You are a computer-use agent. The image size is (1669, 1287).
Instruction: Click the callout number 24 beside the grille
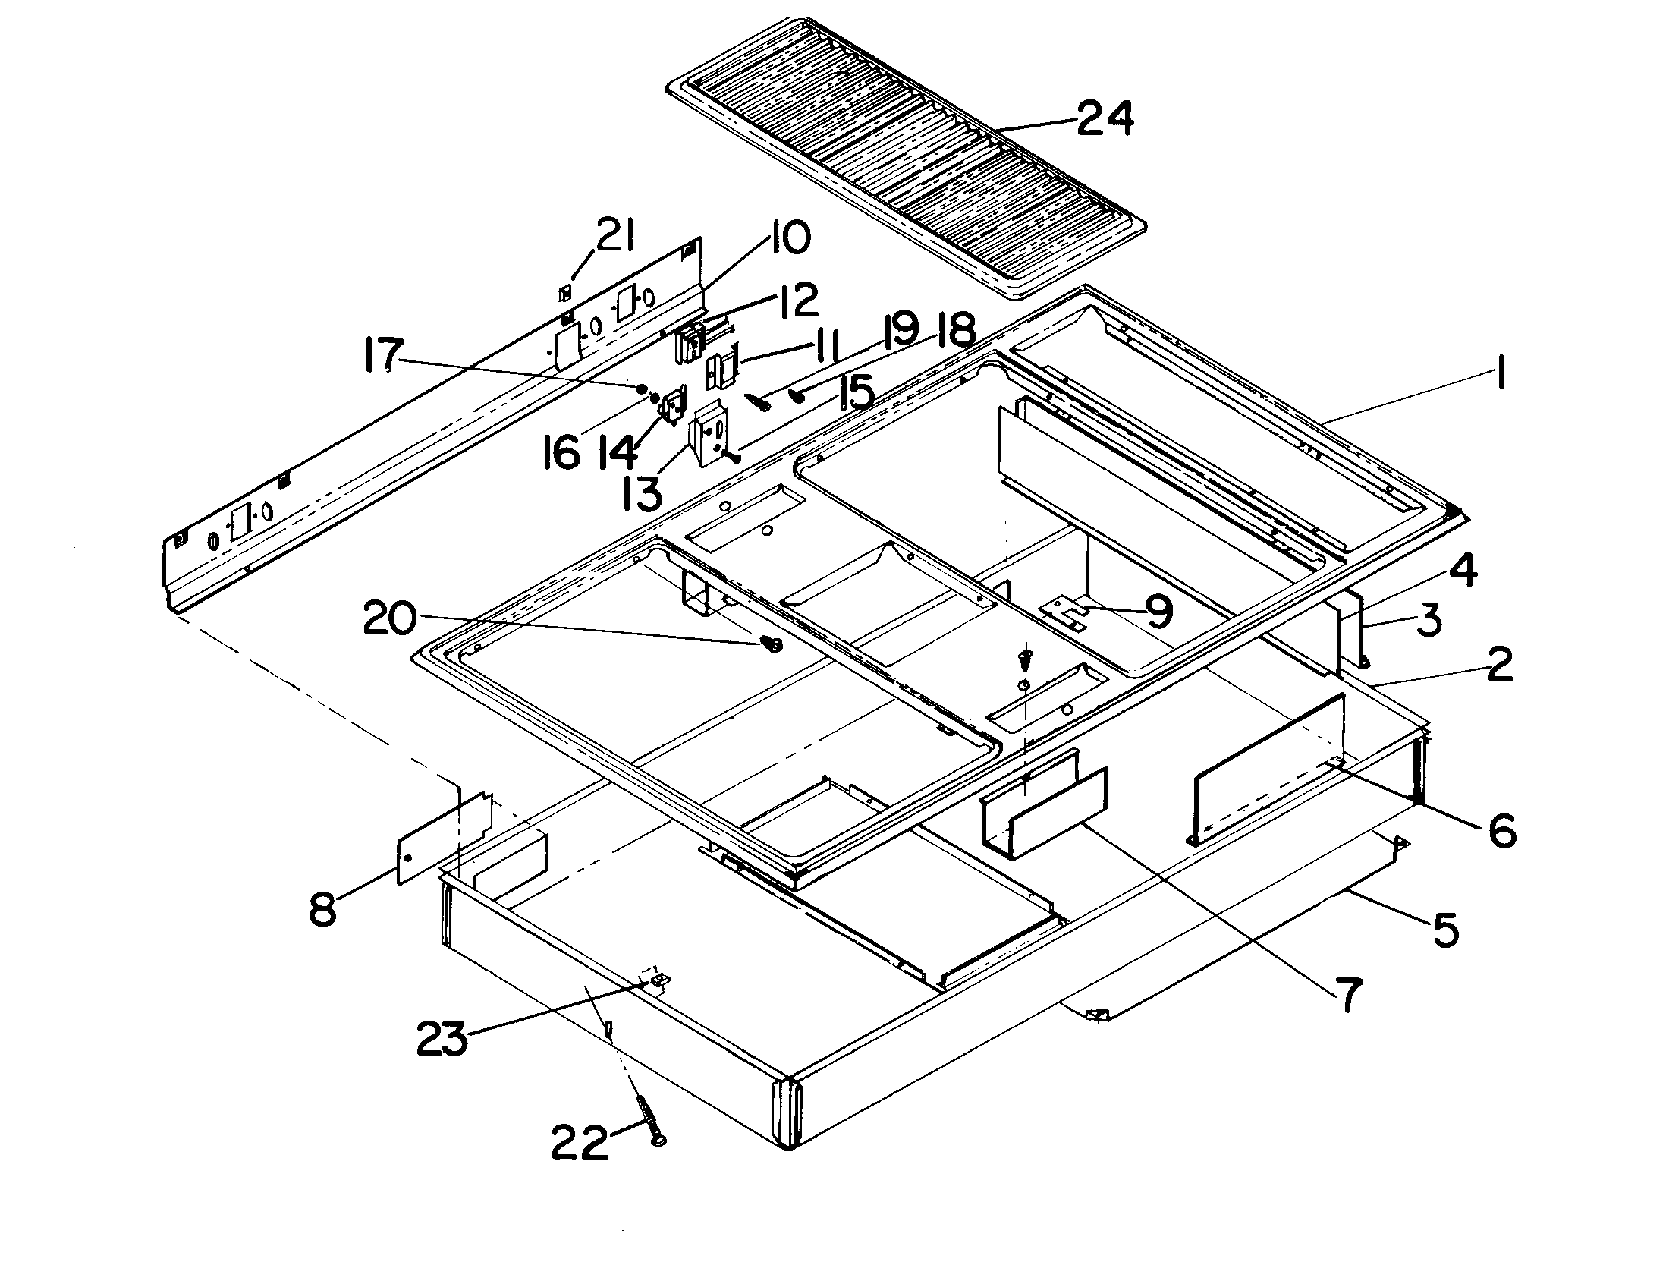[x=1105, y=120]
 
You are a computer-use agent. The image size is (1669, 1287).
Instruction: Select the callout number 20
[x=390, y=618]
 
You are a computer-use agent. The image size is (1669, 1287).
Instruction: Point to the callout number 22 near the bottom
[x=580, y=1144]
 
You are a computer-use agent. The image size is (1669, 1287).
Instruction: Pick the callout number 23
[x=442, y=1040]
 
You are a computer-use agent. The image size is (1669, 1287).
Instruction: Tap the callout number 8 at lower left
[x=323, y=909]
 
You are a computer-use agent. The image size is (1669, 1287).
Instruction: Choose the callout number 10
[x=785, y=237]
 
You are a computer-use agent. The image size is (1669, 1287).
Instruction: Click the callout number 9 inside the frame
[x=1158, y=612]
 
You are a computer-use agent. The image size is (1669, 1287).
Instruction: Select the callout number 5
[x=1444, y=930]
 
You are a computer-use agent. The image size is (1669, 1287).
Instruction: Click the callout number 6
[x=1501, y=831]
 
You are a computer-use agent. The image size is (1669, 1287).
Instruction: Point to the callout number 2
[x=1499, y=664]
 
